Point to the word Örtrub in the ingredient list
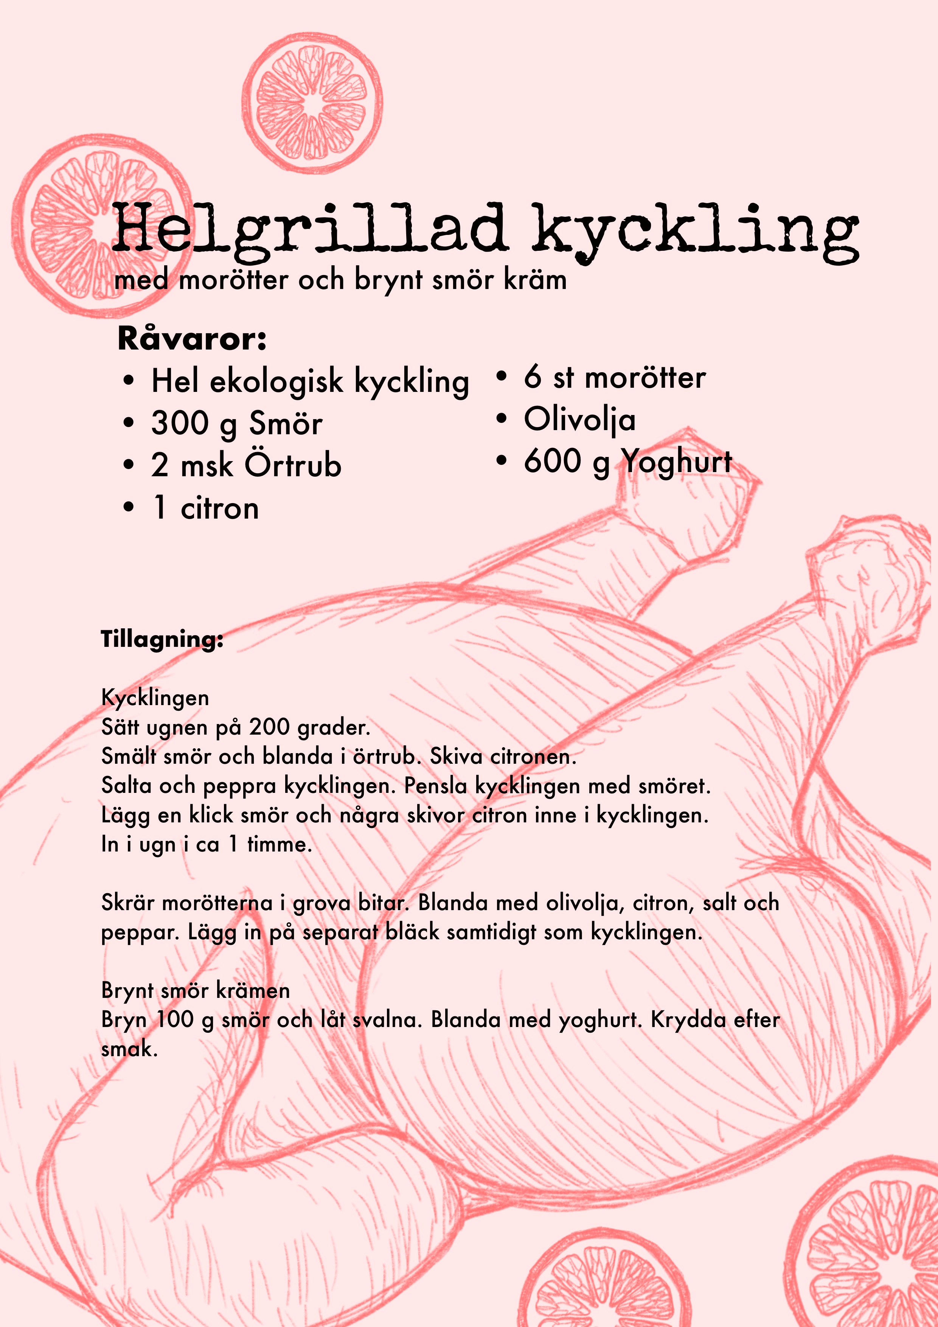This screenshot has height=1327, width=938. [293, 465]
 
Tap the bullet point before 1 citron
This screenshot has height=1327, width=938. [128, 508]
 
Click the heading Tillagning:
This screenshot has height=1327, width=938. [162, 639]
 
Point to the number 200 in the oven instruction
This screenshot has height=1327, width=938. [269, 727]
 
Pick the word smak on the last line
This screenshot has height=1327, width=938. [129, 1049]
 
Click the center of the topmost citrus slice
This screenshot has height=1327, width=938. [312, 104]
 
